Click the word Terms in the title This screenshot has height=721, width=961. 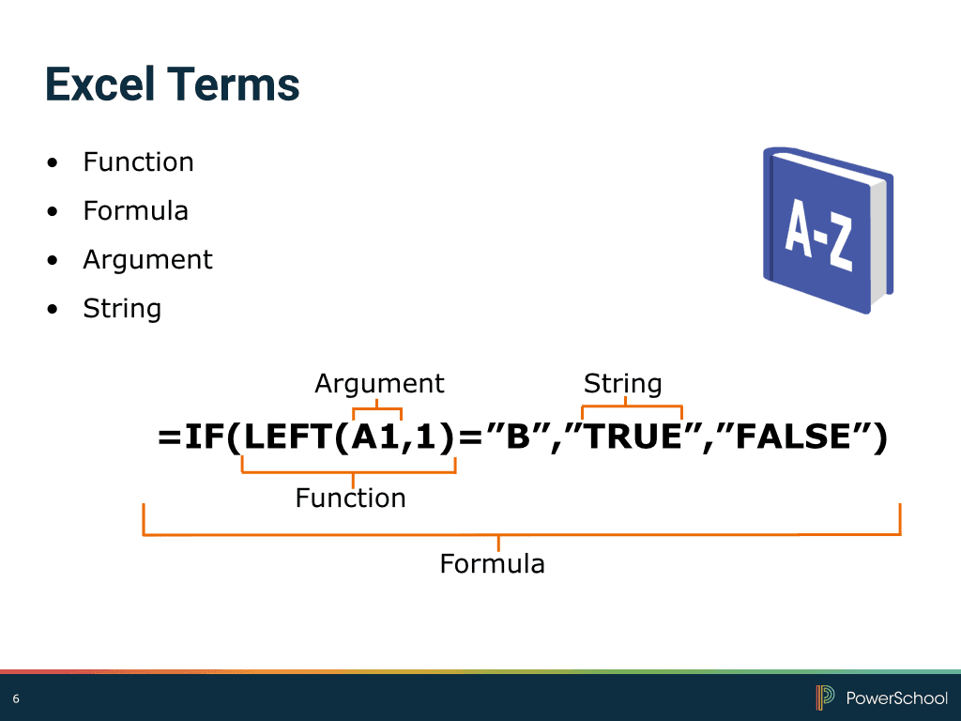(235, 84)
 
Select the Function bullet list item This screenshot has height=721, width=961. (138, 162)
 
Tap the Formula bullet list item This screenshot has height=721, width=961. (135, 211)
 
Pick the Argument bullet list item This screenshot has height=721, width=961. (147, 260)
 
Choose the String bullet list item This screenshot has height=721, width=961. (122, 309)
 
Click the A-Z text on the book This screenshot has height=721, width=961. (818, 236)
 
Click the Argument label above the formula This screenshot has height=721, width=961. (379, 384)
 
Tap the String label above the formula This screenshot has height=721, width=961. (622, 384)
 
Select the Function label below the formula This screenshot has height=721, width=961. (350, 498)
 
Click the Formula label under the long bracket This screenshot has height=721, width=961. (493, 564)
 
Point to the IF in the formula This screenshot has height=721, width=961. (204, 438)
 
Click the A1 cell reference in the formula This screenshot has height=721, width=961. (375, 438)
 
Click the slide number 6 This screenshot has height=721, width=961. (16, 698)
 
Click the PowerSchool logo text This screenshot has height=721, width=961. (896, 698)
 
